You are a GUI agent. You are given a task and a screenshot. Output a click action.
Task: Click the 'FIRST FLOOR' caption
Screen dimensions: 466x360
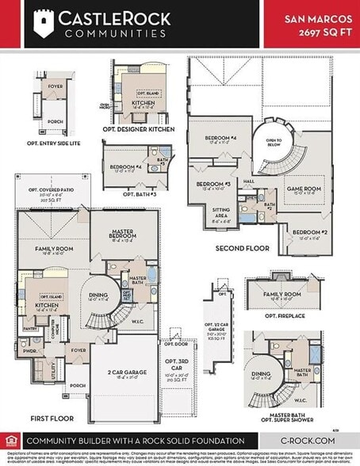[48, 418]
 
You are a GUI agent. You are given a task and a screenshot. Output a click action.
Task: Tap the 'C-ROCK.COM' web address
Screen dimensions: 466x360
[308, 441]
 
